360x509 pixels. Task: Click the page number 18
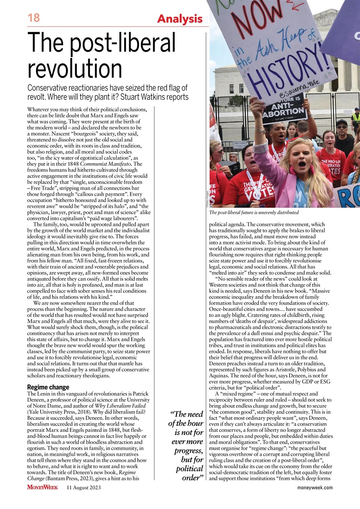(34, 18)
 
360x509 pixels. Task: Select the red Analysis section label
(180, 19)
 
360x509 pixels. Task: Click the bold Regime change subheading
(48, 387)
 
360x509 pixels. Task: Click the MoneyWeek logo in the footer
(43, 487)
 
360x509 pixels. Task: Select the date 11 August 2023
(84, 487)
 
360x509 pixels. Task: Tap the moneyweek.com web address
(315, 488)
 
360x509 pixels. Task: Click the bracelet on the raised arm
(260, 130)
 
